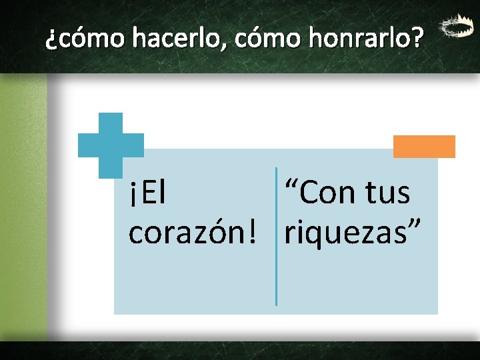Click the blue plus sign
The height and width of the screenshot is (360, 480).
(111, 145)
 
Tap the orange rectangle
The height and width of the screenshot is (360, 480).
(424, 147)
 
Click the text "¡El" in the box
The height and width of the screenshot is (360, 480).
(147, 194)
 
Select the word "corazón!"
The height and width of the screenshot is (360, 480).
(189, 233)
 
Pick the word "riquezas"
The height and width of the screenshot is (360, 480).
(343, 233)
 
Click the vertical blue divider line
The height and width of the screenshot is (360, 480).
(276, 237)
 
